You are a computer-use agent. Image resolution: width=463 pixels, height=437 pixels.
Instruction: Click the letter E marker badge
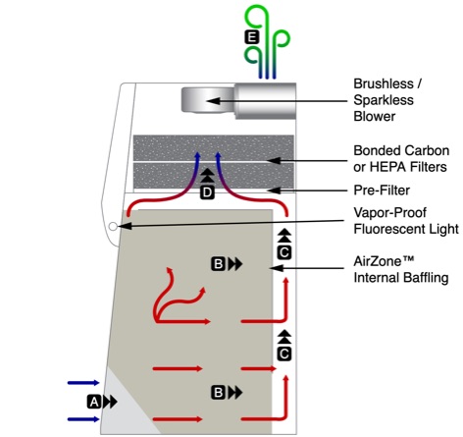pos(252,37)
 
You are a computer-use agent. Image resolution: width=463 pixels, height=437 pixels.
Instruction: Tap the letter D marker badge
pos(207,192)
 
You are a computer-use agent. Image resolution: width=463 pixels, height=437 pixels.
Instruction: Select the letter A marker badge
pos(94,402)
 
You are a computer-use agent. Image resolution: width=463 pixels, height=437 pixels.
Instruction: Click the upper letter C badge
pos(284,252)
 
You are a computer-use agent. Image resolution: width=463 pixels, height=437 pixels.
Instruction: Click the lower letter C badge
pos(284,354)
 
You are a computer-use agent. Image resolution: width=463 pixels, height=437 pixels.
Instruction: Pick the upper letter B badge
pos(218,264)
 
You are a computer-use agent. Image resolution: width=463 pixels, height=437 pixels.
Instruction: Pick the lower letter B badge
pos(218,392)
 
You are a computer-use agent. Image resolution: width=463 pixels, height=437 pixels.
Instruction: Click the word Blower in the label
pos(375,116)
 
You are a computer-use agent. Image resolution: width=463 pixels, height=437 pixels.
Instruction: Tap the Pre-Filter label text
pos(382,191)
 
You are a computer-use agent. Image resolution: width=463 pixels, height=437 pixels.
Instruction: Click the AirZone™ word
pos(384,261)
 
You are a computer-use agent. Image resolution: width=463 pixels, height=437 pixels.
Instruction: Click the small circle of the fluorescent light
pos(113,226)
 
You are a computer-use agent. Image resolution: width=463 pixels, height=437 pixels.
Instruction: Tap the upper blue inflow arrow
pos(83,382)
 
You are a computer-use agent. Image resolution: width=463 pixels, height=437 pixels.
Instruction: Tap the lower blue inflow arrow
pos(83,419)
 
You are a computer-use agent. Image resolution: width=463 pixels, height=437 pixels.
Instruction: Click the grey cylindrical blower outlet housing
pos(266,101)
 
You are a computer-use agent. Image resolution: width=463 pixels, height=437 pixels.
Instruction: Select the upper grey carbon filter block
pos(213,147)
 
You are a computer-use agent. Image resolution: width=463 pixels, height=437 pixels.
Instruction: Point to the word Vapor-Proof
pos(389,213)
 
